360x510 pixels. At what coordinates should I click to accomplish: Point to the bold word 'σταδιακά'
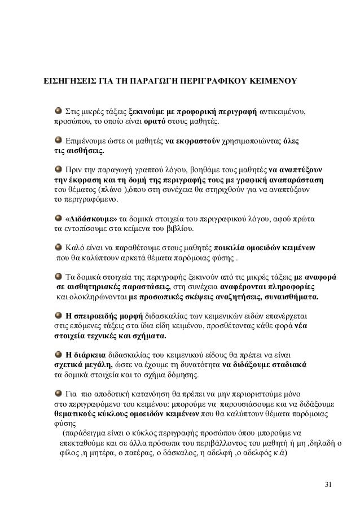288,365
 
